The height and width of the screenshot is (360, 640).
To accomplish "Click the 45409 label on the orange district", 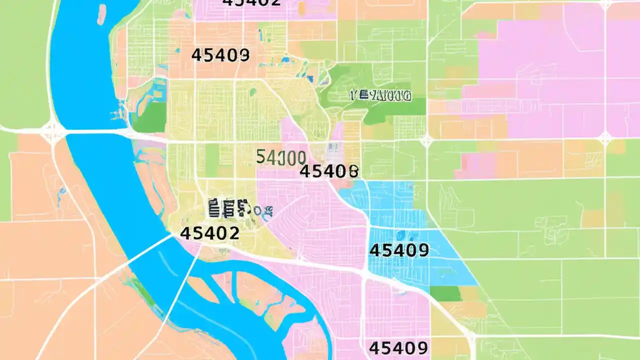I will (x=220, y=54).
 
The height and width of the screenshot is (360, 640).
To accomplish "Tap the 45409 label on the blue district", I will (x=398, y=250).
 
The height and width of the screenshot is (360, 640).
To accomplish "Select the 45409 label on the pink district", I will (x=398, y=347).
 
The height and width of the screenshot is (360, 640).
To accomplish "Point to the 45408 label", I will (x=329, y=171).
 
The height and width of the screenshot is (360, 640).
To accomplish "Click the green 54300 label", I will (x=280, y=157).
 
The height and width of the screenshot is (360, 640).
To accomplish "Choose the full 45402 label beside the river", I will (x=209, y=233).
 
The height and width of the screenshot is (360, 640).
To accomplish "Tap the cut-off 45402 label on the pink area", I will (x=251, y=2).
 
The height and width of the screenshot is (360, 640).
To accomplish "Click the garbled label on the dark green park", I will (x=380, y=95).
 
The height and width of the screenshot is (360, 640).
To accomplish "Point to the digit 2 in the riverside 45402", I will (x=233, y=233).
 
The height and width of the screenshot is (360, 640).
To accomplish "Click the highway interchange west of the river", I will (x=52, y=131).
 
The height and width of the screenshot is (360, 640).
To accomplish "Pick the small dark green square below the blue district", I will (x=445, y=293).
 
